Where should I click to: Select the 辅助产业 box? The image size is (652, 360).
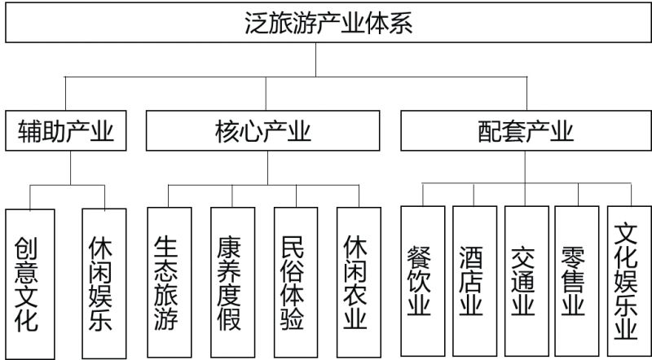65,130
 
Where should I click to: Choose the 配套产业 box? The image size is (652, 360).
526,130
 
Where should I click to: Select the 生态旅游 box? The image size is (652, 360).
169,281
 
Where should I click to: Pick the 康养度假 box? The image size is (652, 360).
232,281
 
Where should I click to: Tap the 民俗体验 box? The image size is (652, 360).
296,281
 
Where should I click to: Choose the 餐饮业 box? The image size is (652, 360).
422,281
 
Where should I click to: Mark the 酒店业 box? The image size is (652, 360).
474,281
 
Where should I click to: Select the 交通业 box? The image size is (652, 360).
526,281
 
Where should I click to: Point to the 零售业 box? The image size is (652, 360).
577,281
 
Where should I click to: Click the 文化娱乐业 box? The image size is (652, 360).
628,281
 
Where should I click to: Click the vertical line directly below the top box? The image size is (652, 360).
317,59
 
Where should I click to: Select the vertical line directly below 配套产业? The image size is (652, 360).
526,168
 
